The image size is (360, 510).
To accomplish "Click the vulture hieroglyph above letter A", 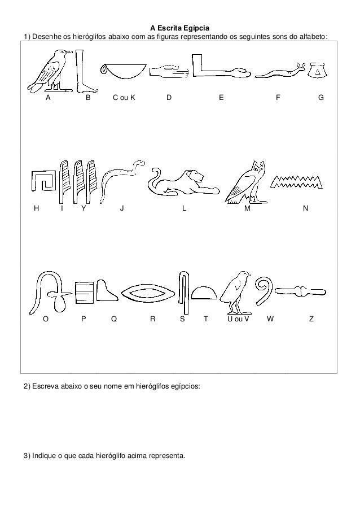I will point(50,71).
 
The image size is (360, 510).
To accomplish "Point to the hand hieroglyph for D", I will point(169,72).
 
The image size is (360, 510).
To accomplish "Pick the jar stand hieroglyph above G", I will point(318,72).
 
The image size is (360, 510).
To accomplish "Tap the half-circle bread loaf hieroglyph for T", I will point(204,293).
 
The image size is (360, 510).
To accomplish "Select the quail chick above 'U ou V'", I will point(236,291).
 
